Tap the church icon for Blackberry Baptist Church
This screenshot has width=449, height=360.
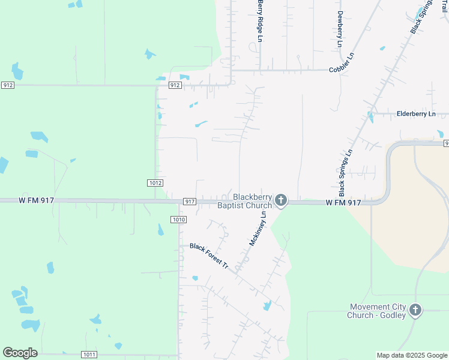click(281, 200)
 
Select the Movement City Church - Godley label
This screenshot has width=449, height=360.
click(377, 311)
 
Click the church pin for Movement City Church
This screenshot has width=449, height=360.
click(415, 311)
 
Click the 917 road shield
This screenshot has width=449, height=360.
click(189, 202)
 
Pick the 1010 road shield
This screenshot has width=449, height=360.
click(178, 220)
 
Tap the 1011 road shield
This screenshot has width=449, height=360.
click(89, 355)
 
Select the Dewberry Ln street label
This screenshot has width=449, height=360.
click(340, 29)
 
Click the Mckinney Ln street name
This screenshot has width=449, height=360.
click(258, 229)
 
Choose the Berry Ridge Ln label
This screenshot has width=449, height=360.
click(261, 21)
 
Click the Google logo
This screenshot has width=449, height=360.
click(20, 353)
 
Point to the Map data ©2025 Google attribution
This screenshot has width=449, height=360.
click(412, 355)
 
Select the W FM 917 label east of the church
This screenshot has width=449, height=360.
click(343, 203)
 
